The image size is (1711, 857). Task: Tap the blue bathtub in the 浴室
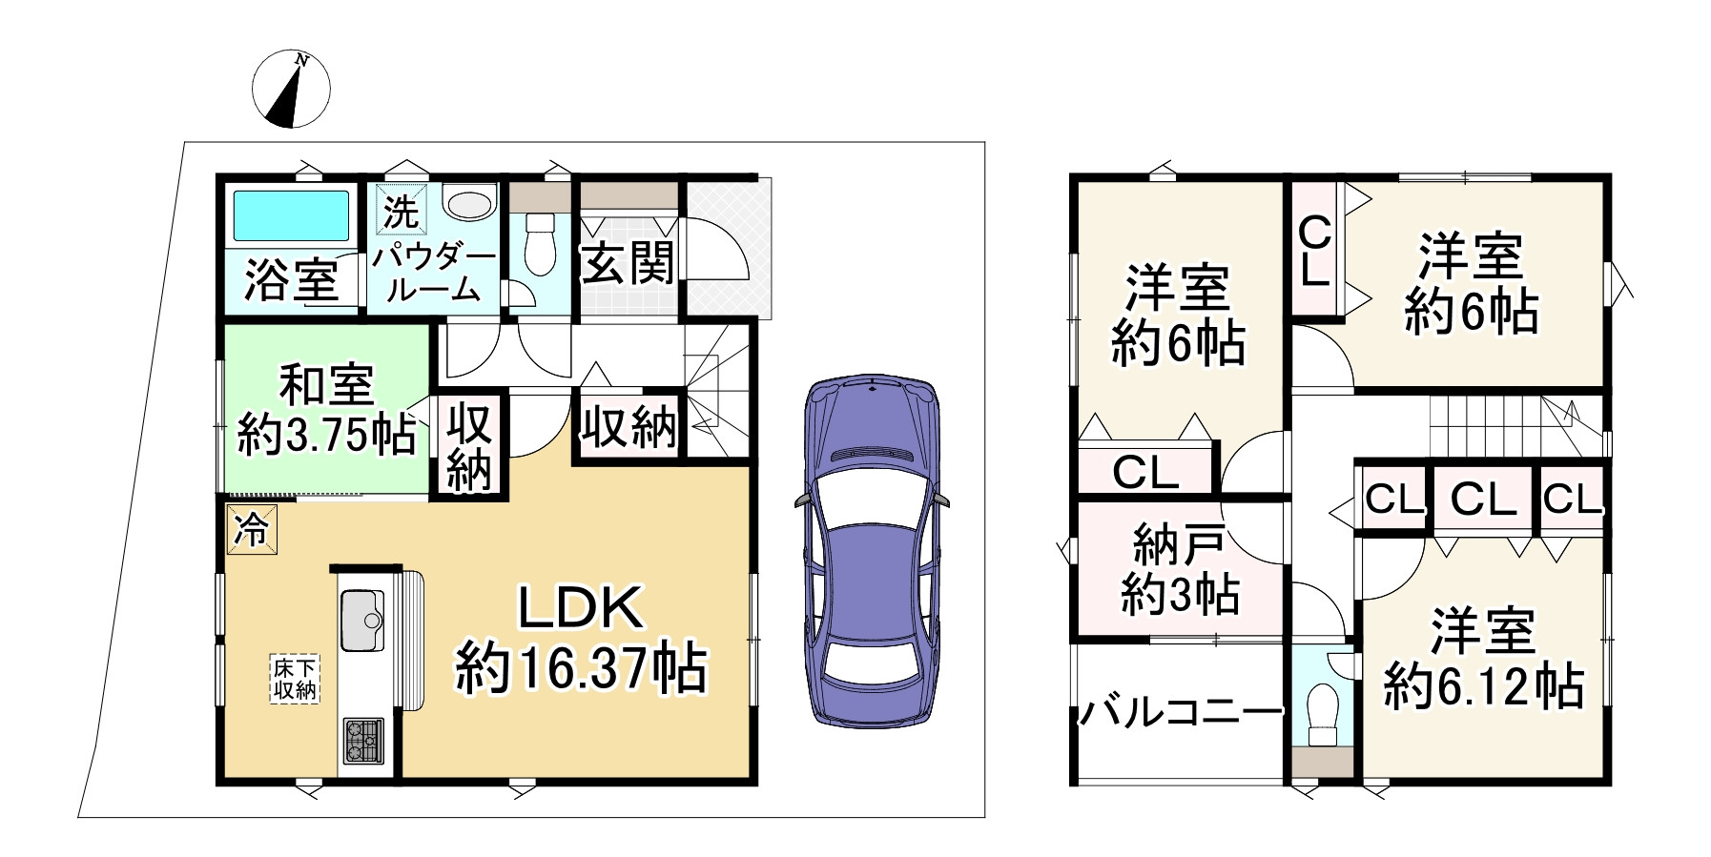click(x=291, y=214)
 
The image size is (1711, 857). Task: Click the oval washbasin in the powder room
click(x=470, y=205)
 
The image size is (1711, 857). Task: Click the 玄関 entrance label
click(x=629, y=262)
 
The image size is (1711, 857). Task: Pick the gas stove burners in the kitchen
click(x=362, y=740)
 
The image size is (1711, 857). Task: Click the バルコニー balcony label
click(x=1181, y=711)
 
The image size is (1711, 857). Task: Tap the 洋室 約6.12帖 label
click(x=1483, y=658)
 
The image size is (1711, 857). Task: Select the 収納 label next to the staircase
click(x=629, y=426)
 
